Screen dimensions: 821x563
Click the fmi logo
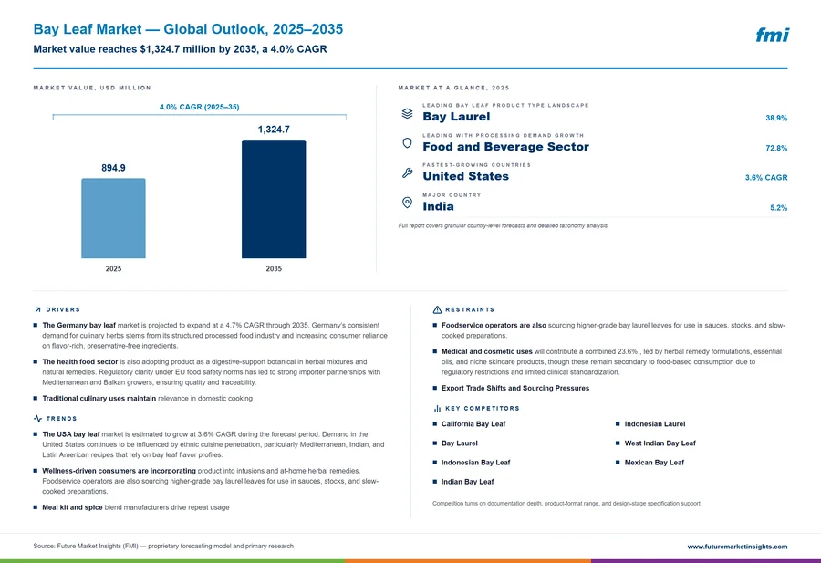pyautogui.click(x=772, y=35)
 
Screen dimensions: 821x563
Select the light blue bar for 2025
pyautogui.click(x=113, y=218)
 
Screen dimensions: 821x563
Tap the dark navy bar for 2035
pyautogui.click(x=274, y=199)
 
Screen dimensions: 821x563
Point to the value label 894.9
pyautogui.click(x=113, y=168)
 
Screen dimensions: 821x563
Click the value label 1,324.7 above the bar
pyautogui.click(x=274, y=130)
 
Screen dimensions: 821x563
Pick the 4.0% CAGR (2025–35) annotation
pyautogui.click(x=200, y=107)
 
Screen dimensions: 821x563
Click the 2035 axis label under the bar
pyautogui.click(x=274, y=268)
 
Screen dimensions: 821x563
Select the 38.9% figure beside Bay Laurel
pyautogui.click(x=776, y=118)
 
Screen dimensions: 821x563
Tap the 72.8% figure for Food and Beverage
pyautogui.click(x=776, y=148)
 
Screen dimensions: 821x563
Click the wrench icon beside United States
pyautogui.click(x=408, y=172)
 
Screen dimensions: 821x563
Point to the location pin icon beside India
pyautogui.click(x=407, y=203)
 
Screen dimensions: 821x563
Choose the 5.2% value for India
pyautogui.click(x=779, y=208)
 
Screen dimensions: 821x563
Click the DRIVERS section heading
pyautogui.click(x=63, y=309)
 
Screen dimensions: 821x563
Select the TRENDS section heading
pyautogui.click(x=61, y=419)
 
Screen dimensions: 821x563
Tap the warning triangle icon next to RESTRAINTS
pyautogui.click(x=437, y=309)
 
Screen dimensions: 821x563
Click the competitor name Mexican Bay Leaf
pyautogui.click(x=654, y=463)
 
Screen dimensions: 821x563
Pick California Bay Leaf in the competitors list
pyautogui.click(x=473, y=424)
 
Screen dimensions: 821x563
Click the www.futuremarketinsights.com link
pyautogui.click(x=737, y=547)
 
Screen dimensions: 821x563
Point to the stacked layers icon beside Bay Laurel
pyautogui.click(x=408, y=113)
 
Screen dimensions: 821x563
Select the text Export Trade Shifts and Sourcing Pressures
pyautogui.click(x=515, y=388)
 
